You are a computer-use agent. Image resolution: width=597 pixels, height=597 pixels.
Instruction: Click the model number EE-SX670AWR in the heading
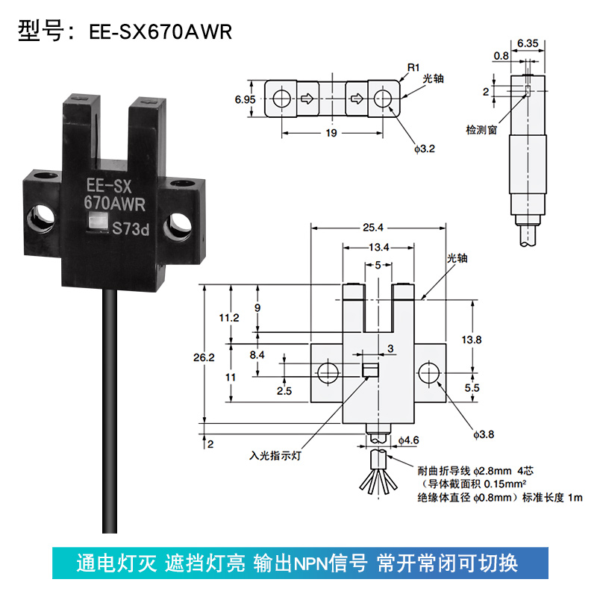(x=160, y=31)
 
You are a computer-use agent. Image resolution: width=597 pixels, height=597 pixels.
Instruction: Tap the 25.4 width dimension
(x=372, y=228)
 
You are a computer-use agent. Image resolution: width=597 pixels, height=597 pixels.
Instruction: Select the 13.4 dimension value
(x=378, y=248)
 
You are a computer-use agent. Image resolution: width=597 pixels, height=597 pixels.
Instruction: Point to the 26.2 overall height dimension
(x=204, y=357)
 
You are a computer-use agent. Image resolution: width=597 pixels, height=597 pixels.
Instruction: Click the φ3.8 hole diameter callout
(x=484, y=434)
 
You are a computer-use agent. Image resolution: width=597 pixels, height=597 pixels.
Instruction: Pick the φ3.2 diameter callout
(x=425, y=149)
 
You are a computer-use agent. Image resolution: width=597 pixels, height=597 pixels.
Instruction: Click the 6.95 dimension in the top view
(x=245, y=100)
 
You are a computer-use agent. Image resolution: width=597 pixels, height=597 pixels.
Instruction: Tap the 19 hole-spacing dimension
(x=331, y=133)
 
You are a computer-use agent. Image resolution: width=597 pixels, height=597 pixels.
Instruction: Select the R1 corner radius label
(x=413, y=68)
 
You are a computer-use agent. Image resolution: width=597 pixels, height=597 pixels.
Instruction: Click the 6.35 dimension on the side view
(x=528, y=43)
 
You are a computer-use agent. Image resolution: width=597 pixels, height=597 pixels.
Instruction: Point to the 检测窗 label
(x=481, y=130)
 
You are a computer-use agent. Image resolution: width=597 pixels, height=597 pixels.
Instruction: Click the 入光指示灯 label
(x=275, y=455)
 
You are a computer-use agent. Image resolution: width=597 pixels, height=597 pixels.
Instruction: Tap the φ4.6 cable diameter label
(x=408, y=440)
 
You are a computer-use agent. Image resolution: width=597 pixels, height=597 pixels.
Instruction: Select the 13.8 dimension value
(x=472, y=340)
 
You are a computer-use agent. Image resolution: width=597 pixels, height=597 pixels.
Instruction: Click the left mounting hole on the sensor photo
(x=41, y=218)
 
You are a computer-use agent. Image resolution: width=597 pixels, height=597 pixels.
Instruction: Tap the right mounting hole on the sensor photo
(x=178, y=227)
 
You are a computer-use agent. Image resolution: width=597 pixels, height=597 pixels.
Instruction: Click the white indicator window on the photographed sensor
(x=98, y=222)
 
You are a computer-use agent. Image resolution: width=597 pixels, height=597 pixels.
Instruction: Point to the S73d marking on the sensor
(x=130, y=229)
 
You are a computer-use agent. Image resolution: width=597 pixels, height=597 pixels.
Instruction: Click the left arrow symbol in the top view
(x=307, y=99)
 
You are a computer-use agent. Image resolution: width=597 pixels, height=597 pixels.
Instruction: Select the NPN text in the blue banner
(x=310, y=563)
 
